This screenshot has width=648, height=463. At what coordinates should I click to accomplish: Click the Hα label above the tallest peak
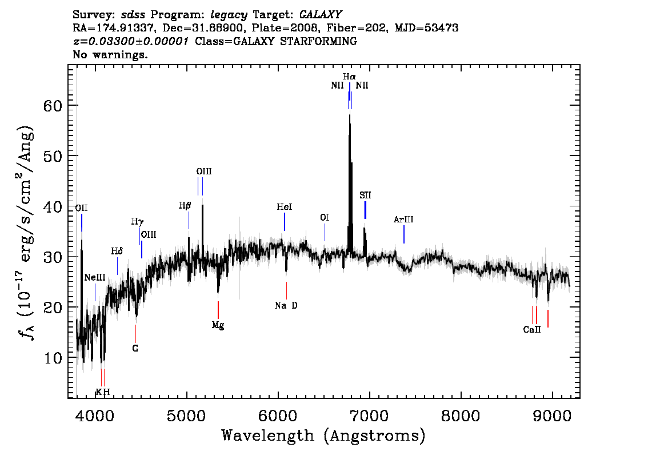(x=349, y=77)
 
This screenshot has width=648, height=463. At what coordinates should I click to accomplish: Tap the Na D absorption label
(x=286, y=305)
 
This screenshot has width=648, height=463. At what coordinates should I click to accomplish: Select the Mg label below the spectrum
(x=218, y=325)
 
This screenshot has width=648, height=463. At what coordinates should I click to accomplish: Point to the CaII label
(x=532, y=329)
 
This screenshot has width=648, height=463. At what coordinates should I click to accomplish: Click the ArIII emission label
(x=403, y=219)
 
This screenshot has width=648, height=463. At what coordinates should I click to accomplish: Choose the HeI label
(x=285, y=207)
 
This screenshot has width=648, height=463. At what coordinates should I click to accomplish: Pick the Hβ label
(x=185, y=205)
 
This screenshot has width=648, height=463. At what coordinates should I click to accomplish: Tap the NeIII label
(x=95, y=277)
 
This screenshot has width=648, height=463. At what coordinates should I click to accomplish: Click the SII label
(x=365, y=195)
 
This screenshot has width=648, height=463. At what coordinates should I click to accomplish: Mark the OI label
(x=325, y=217)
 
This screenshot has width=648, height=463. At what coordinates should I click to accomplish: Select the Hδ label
(x=117, y=251)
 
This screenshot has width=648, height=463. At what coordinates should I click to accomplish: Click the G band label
(x=135, y=349)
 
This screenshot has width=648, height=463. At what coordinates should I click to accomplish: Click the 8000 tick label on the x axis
(x=461, y=416)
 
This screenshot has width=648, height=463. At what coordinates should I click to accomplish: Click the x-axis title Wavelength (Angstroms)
(x=323, y=436)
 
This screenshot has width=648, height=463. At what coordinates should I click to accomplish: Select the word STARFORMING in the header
(x=318, y=41)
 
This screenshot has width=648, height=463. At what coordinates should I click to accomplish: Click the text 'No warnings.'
(x=110, y=54)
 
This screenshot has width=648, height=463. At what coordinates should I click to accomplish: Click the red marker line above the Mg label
(x=218, y=310)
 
